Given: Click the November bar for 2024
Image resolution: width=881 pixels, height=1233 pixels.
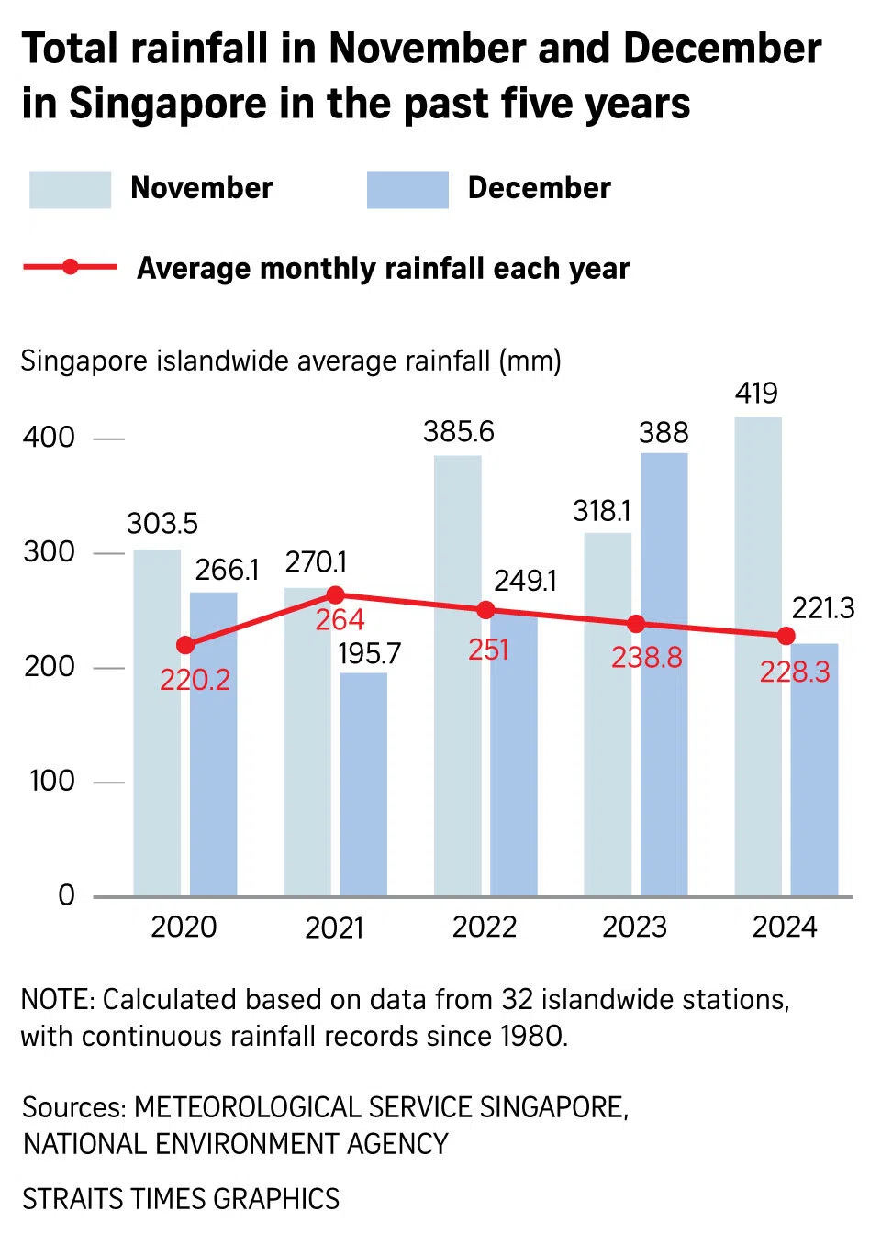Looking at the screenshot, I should click(x=758, y=656).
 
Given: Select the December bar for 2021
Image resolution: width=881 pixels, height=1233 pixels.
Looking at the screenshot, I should click(x=363, y=784).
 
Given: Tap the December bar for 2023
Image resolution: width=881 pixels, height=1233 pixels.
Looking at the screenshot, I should click(x=664, y=674).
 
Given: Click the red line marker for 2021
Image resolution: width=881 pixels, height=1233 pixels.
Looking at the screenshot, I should click(x=336, y=594).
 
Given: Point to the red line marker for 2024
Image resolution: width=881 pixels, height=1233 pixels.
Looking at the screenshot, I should click(x=786, y=636).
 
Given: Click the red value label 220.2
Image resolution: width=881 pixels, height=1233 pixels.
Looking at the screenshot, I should click(x=195, y=680).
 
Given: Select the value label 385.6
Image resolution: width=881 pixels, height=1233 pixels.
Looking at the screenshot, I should click(x=458, y=431).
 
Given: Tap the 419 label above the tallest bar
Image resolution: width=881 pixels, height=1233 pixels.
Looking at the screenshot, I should click(x=756, y=393).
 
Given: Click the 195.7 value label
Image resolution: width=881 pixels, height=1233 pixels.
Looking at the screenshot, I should click(x=369, y=653).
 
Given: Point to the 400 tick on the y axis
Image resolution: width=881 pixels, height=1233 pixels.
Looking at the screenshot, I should click(x=50, y=437).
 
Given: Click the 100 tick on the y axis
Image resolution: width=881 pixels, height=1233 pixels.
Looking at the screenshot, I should click(x=51, y=781).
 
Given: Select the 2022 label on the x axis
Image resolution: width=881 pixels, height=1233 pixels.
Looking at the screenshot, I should click(x=485, y=927).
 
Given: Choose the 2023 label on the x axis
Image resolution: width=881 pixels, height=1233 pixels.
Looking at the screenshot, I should click(x=634, y=927).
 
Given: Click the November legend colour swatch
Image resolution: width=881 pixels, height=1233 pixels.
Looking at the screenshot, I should click(x=70, y=189).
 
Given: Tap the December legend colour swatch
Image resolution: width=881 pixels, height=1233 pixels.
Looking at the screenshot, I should click(x=407, y=189).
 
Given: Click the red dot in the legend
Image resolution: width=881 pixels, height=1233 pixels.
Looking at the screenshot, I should click(x=70, y=267).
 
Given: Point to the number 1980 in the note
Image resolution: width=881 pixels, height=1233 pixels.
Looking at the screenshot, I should click(x=531, y=1036).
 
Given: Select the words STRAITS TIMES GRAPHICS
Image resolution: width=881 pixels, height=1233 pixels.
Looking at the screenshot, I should click(x=181, y=1198).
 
